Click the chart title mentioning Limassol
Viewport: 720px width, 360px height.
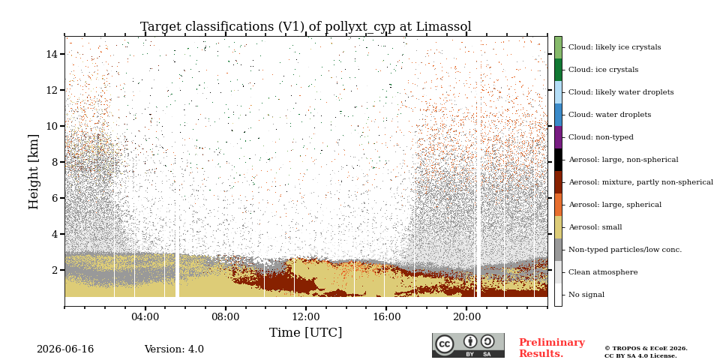[306, 27]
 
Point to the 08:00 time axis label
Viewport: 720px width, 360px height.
[226, 316]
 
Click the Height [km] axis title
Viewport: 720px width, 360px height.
[34, 172]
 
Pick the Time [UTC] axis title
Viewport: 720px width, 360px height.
[306, 332]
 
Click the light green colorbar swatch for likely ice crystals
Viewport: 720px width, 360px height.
[558, 47]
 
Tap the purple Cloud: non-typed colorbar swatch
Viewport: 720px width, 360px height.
[558, 137]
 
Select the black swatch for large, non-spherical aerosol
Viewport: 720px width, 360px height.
[558, 160]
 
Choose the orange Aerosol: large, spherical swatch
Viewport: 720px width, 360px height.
[558, 205]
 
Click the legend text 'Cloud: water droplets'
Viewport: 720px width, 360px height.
[610, 115]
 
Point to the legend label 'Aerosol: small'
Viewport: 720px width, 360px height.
[595, 227]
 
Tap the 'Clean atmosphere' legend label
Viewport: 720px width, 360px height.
[603, 272]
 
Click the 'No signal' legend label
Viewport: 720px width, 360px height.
[586, 295]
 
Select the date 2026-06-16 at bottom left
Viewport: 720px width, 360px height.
[65, 349]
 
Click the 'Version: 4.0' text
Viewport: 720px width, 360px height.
[174, 349]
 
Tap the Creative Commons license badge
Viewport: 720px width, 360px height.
[468, 345]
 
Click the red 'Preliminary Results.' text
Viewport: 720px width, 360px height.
[552, 348]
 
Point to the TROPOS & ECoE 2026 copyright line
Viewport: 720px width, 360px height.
[646, 349]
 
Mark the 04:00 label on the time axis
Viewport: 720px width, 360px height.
[145, 316]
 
